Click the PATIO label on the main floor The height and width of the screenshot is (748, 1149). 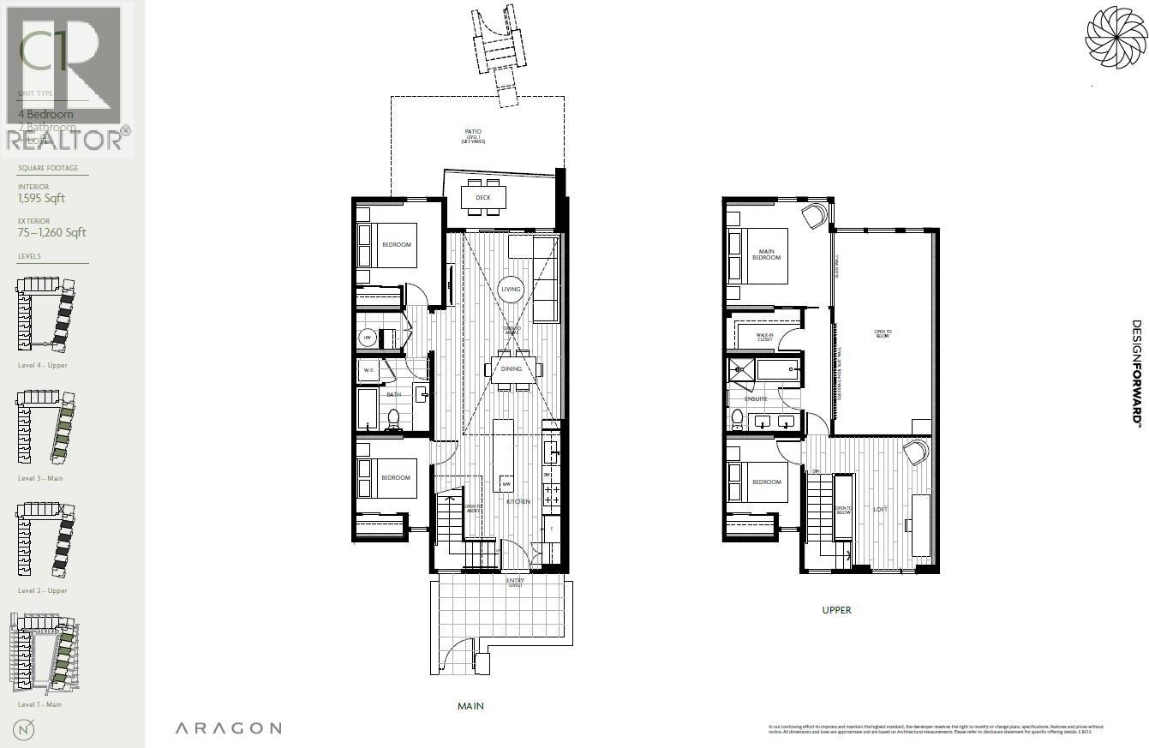coord(473,132)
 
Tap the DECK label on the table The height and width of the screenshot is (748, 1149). coord(483,198)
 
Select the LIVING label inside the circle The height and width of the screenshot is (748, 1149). coord(512,290)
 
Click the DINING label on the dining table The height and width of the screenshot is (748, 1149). coord(512,369)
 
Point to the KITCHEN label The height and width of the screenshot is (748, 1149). coord(518,501)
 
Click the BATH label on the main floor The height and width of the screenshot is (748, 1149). coord(393,395)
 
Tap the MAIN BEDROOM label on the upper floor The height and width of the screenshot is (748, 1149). coord(766,254)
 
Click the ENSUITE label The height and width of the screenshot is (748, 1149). coord(756,399)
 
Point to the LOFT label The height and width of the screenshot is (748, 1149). coord(880,510)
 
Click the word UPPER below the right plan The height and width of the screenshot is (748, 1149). coord(836,610)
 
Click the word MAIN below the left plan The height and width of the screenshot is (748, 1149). coord(470,706)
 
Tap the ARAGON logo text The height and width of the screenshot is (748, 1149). coord(228,728)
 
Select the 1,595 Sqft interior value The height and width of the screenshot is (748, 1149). coord(42,199)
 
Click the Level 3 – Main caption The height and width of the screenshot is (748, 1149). coord(40,478)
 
